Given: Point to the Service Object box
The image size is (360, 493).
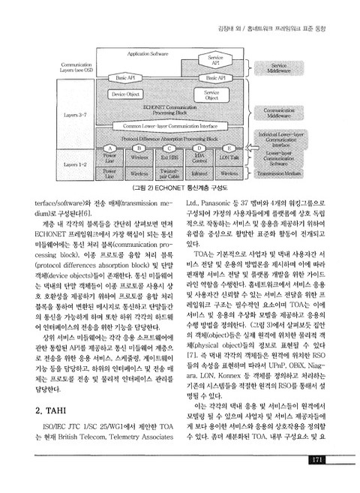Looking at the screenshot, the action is pyautogui.click(x=211, y=95).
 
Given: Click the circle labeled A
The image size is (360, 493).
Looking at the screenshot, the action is pyautogui.click(x=109, y=148).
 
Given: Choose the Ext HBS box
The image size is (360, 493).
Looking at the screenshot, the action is pyautogui.click(x=169, y=158).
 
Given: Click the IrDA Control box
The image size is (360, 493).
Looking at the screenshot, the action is pyautogui.click(x=199, y=158).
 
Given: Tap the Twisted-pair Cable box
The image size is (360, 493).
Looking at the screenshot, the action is pyautogui.click(x=169, y=173).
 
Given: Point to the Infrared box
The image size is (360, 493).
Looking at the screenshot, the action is pyautogui.click(x=199, y=173).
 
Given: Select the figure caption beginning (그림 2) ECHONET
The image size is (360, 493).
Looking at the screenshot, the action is pyautogui.click(x=181, y=188).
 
